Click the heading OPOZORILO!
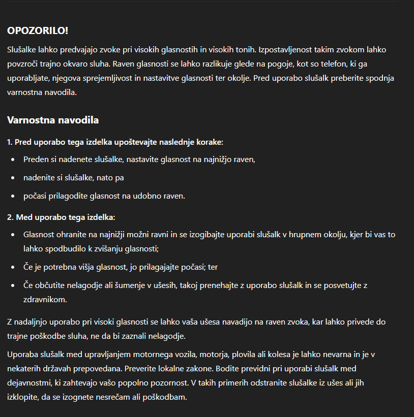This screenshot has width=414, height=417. coord(38,30)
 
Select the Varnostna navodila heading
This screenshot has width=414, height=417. coord(53,120)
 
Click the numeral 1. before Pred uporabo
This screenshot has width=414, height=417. coord(10,142)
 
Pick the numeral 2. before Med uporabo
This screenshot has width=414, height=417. coord(10,217)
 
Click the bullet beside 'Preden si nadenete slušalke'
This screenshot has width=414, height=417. coord(13,159)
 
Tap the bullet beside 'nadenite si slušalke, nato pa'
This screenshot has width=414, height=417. coord(13,178)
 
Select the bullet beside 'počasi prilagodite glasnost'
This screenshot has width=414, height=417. coord(13,196)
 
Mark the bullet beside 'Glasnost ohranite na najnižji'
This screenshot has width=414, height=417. coord(13,235)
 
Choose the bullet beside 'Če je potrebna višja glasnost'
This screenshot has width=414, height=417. coord(13,267)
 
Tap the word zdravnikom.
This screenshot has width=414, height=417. coord(45,300)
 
